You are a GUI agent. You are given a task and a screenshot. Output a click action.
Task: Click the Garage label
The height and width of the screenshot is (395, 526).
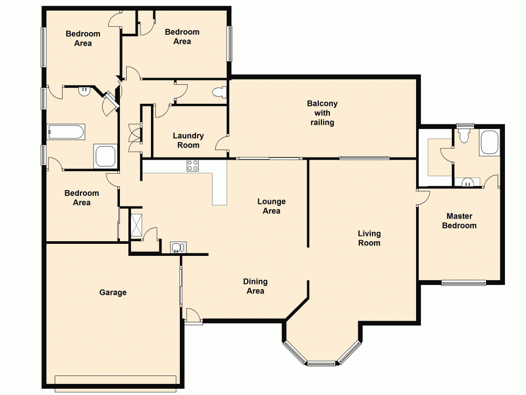[113, 292]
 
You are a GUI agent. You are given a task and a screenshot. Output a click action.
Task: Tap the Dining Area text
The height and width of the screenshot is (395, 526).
[256, 287]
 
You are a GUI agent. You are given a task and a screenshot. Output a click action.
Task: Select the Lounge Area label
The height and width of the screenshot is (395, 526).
[271, 206]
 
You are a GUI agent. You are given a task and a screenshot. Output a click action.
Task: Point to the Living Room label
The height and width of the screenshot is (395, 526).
[369, 238]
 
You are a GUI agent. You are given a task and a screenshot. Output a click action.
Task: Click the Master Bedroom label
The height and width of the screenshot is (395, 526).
[459, 221]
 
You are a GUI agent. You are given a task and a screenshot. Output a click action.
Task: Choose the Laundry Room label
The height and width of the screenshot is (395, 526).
[188, 140]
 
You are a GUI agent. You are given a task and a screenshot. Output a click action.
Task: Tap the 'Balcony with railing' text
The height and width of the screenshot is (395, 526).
[322, 113]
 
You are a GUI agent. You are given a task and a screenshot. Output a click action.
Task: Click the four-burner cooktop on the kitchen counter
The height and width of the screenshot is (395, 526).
[193, 165]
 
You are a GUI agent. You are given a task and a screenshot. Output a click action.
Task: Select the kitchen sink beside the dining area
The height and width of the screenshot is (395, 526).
[177, 247]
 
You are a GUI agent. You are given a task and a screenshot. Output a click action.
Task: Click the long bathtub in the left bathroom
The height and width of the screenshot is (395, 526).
[66, 132]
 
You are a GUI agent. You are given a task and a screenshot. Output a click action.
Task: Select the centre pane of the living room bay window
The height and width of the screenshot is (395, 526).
[321, 363]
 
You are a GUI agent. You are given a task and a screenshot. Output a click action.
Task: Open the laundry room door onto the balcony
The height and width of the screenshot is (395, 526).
[223, 142]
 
